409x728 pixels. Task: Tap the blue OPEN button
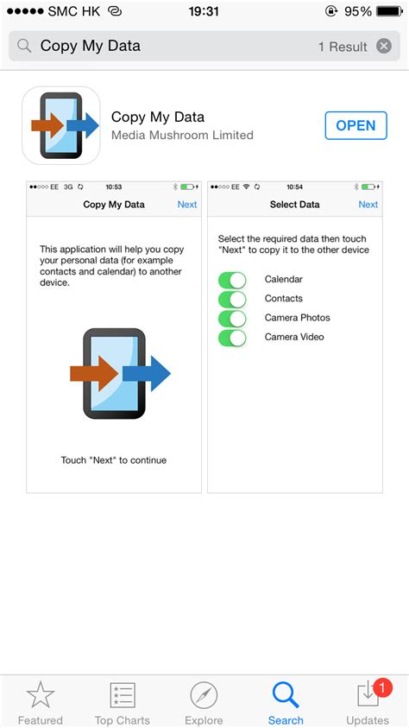pyautogui.click(x=356, y=125)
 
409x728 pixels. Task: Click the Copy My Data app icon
pyautogui.click(x=61, y=125)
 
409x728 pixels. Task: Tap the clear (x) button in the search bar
pyautogui.click(x=383, y=46)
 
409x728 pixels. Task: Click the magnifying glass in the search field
pyautogui.click(x=24, y=46)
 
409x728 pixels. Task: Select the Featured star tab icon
pyautogui.click(x=41, y=695)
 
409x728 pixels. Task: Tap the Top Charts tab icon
pyautogui.click(x=123, y=695)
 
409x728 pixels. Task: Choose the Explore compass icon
pyautogui.click(x=204, y=696)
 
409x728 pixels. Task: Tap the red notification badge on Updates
pyautogui.click(x=381, y=688)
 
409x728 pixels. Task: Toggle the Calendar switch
pyautogui.click(x=232, y=281)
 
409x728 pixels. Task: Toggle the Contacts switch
pyautogui.click(x=232, y=300)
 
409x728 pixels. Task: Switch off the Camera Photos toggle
pyautogui.click(x=232, y=319)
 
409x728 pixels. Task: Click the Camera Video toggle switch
pyautogui.click(x=232, y=338)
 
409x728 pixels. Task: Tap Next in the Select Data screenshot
pyautogui.click(x=368, y=205)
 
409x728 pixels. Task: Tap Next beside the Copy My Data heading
pyautogui.click(x=187, y=205)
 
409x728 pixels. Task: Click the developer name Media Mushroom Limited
pyautogui.click(x=182, y=135)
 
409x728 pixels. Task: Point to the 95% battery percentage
pyautogui.click(x=358, y=11)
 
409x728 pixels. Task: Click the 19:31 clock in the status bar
pyautogui.click(x=204, y=11)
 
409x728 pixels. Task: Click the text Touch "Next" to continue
pyautogui.click(x=114, y=460)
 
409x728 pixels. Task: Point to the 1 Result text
pyautogui.click(x=343, y=47)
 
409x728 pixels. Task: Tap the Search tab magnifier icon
pyautogui.click(x=286, y=695)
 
